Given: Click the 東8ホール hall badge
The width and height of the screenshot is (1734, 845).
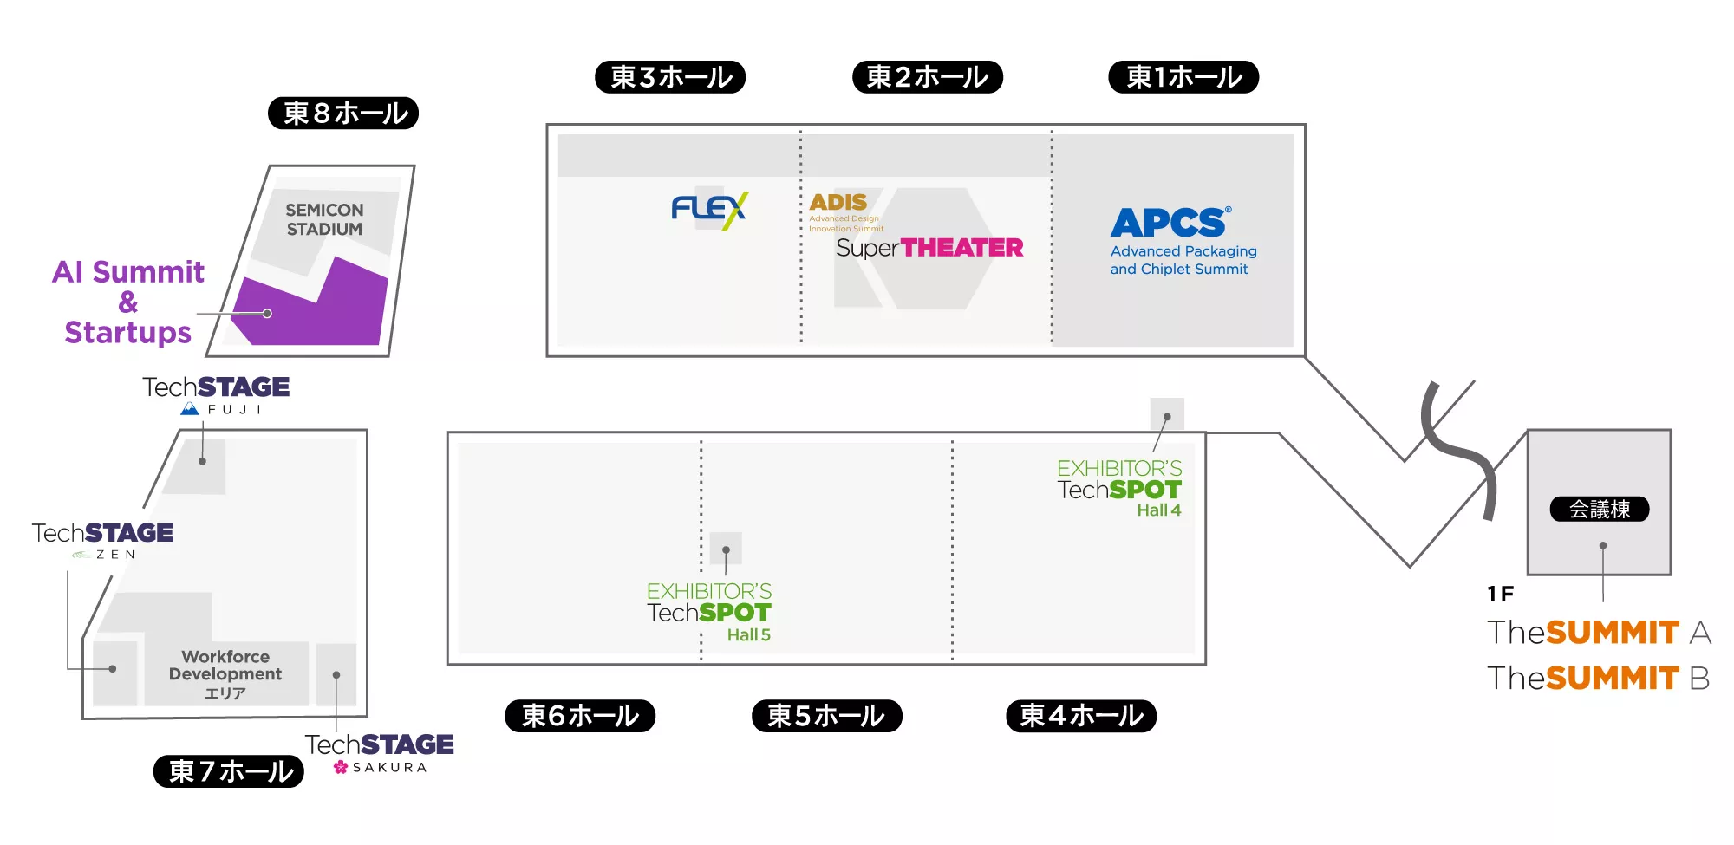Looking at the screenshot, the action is (x=343, y=113).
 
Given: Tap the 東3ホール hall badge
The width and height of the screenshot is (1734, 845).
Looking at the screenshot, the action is (x=670, y=77).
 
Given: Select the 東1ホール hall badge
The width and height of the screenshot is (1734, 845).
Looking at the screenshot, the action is (x=1183, y=77).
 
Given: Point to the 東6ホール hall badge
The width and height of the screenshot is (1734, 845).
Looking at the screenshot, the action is (x=580, y=716).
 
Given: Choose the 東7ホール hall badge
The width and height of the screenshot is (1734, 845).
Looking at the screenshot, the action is (x=229, y=771).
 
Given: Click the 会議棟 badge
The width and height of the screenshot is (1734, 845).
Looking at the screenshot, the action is (x=1600, y=509).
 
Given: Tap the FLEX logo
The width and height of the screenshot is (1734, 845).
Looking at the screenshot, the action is (x=709, y=210).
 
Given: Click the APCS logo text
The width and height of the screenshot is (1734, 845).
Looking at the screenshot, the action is (x=1170, y=223).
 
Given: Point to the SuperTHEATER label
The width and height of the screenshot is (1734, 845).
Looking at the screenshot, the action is (x=929, y=248).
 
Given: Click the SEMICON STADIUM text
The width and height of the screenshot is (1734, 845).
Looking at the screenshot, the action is (x=325, y=219).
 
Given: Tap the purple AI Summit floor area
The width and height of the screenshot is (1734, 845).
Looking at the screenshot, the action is (x=312, y=308).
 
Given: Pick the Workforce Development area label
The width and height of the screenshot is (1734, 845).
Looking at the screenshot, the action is (x=225, y=674).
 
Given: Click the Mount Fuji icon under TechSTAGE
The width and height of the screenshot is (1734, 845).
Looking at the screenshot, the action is (x=190, y=409).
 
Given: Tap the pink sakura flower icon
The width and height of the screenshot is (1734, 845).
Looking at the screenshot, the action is (x=341, y=767).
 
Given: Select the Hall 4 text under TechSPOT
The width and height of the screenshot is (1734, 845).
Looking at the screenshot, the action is (x=1159, y=510).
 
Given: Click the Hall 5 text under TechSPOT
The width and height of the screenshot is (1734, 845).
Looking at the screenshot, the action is (x=749, y=635).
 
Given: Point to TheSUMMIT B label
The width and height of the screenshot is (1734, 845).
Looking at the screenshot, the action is (x=1599, y=678).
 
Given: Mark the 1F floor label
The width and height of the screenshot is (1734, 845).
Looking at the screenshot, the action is (x=1501, y=594).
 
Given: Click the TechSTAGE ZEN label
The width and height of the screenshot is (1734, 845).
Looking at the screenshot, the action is (x=102, y=539).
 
